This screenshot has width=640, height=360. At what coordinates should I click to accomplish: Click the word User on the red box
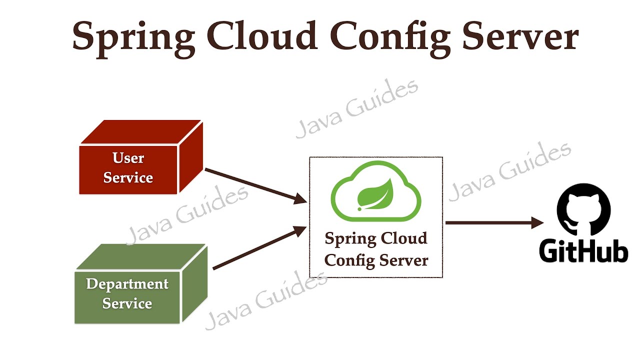128,158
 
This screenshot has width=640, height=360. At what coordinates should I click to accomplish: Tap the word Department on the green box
127,284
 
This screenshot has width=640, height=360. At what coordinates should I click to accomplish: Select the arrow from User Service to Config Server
255,185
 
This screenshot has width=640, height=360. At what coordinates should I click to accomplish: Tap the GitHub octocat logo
583,210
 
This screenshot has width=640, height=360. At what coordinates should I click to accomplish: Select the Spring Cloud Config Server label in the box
376,249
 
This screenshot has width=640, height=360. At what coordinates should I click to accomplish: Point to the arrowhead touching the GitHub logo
537,222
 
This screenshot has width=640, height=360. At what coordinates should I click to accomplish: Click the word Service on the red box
128,177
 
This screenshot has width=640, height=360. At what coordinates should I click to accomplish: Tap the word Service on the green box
127,303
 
